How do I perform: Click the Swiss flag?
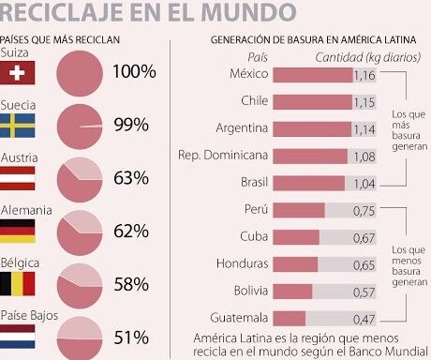point(17,72)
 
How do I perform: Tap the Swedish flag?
point(17,126)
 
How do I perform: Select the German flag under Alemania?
point(17,231)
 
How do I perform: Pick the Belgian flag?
point(17,284)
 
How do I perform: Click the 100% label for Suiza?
point(134,71)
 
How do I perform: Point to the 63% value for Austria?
point(131,178)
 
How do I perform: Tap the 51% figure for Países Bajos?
point(131,337)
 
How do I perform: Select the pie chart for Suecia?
point(80,127)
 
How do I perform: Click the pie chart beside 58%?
point(80,286)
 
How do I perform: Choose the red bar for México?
point(313,75)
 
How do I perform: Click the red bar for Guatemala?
point(289,319)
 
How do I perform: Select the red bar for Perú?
point(299,210)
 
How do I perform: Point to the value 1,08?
point(364,157)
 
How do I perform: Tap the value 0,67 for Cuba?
point(364,238)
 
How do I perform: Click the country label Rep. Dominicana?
point(223,156)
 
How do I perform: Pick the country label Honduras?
point(243,263)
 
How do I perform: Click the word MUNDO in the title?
point(249,12)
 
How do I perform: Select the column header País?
point(258,57)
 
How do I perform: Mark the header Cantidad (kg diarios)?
point(368,57)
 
